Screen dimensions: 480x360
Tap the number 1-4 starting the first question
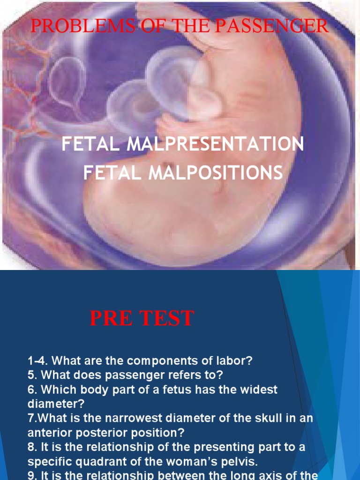pyautogui.click(x=38, y=361)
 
